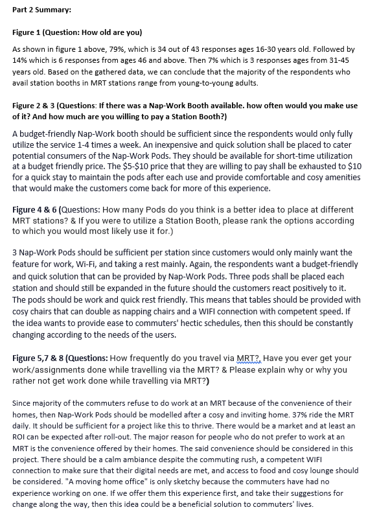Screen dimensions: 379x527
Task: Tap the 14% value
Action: point(21,60)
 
